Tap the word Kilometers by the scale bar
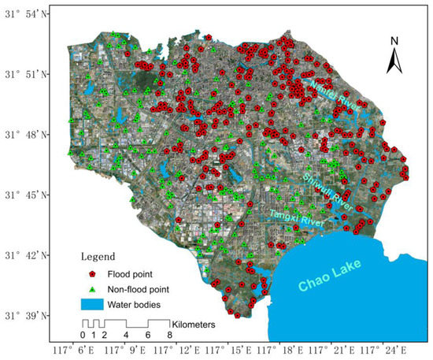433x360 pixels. click(x=194, y=323)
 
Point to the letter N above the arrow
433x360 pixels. click(x=397, y=41)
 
